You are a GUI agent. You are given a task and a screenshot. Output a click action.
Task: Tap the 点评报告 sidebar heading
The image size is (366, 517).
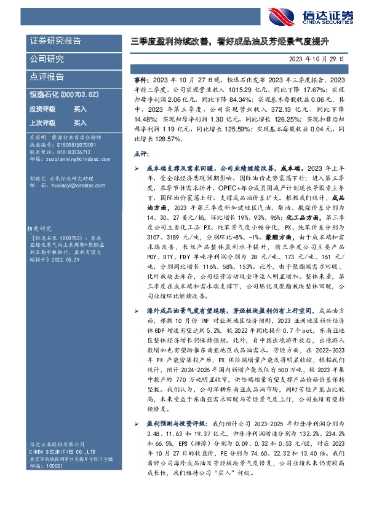(47, 77)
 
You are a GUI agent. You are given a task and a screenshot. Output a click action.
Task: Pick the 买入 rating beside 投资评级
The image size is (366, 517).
(80, 109)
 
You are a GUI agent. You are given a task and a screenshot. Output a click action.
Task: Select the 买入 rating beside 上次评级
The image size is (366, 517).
(80, 122)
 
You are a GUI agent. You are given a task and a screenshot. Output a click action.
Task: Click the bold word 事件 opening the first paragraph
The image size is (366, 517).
(141, 80)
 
